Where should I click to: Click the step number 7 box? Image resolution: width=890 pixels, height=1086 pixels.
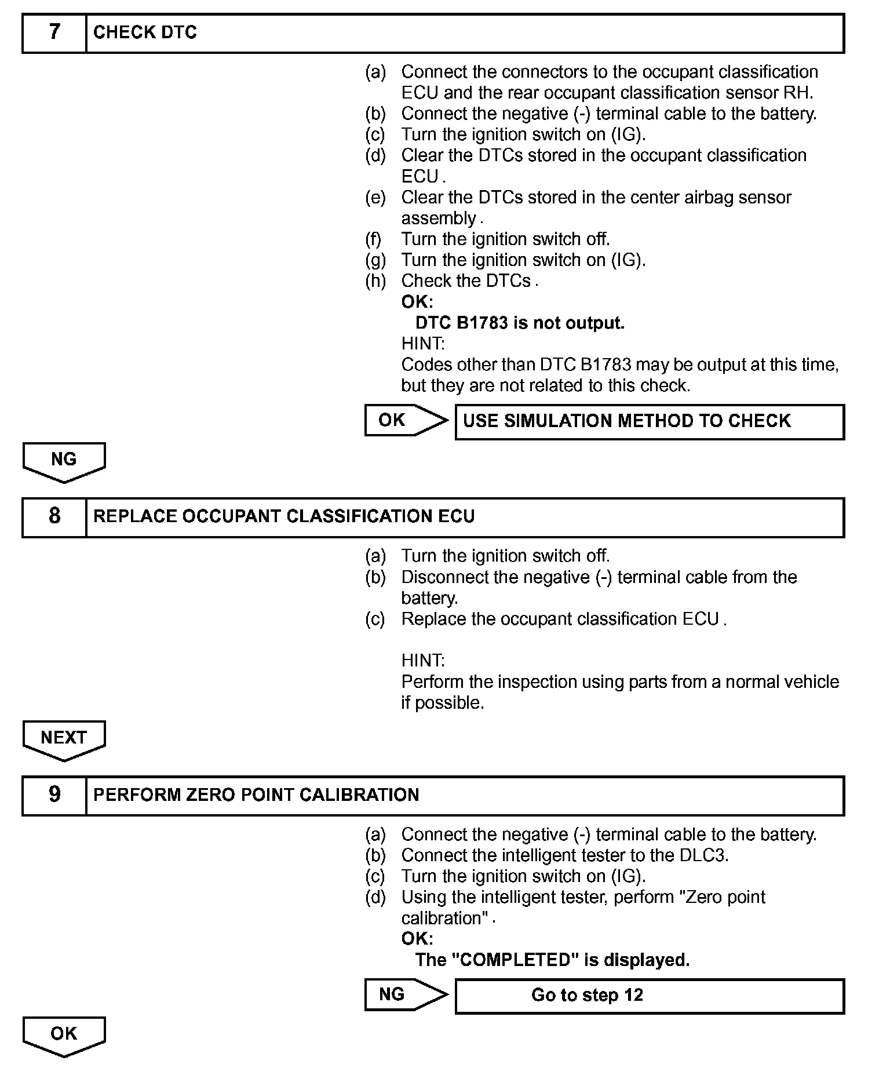(54, 33)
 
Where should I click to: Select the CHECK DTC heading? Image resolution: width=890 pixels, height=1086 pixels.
(145, 33)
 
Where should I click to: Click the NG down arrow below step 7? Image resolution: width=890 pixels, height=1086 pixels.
(64, 461)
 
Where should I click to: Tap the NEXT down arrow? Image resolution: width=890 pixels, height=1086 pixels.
(64, 739)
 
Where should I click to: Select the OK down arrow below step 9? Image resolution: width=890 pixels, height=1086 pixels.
(64, 1036)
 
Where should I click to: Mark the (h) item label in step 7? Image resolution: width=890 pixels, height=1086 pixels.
(375, 281)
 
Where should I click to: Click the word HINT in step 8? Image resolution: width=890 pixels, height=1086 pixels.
(422, 661)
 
